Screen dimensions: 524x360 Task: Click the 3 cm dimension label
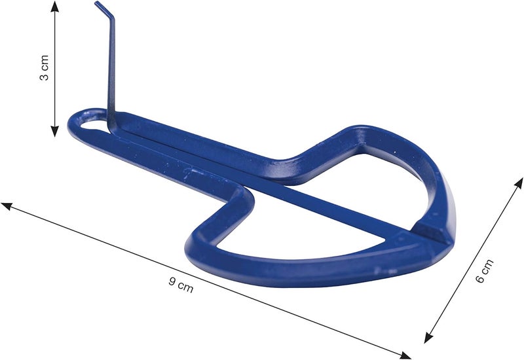[x=44, y=68]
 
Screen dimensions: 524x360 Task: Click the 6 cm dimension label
[x=484, y=271]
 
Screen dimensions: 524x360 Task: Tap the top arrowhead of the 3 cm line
[x=55, y=6]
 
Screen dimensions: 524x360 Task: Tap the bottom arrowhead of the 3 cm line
[x=54, y=132]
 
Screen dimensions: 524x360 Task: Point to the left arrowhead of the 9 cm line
[x=7, y=206]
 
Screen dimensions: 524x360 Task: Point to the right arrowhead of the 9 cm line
[x=405, y=355]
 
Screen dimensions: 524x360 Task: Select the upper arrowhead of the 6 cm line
[x=519, y=183]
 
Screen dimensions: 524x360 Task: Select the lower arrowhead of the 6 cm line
[x=428, y=337]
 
